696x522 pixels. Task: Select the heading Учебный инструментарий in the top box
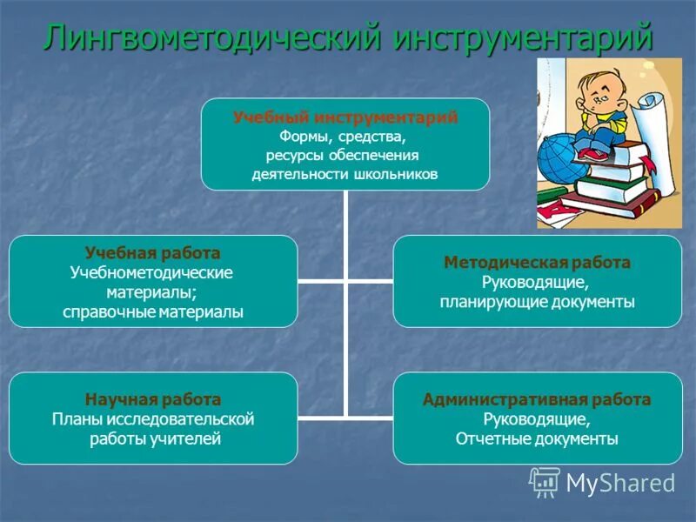pyautogui.click(x=345, y=117)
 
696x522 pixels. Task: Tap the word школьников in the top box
pyautogui.click(x=396, y=174)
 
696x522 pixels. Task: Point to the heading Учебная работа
pyautogui.click(x=152, y=253)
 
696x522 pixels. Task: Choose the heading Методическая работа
pyautogui.click(x=537, y=263)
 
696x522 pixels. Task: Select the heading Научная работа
pyautogui.click(x=152, y=399)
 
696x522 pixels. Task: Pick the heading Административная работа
pyautogui.click(x=537, y=399)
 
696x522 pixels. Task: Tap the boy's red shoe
pyautogui.click(x=592, y=154)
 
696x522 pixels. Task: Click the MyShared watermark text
pyautogui.click(x=620, y=482)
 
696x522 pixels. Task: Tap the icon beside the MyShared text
pyautogui.click(x=545, y=481)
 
